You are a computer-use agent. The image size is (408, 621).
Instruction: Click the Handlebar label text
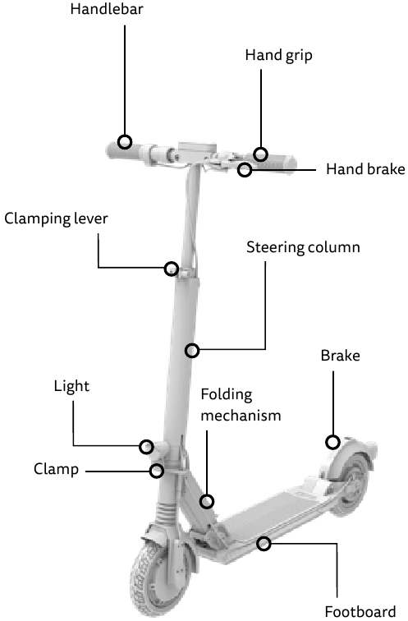pyautogui.click(x=107, y=9)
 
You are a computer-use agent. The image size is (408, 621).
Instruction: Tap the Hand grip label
pyautogui.click(x=278, y=56)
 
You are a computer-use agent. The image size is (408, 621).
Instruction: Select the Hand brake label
pyautogui.click(x=365, y=169)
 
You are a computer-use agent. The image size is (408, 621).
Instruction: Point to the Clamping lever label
pyautogui.click(x=56, y=218)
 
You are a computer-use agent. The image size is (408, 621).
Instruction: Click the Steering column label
pyautogui.click(x=303, y=247)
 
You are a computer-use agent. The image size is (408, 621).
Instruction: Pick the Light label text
pyautogui.click(x=71, y=387)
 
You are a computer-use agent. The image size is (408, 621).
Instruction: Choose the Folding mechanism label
pyautogui.click(x=241, y=405)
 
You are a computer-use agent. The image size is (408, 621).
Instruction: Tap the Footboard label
pyautogui.click(x=360, y=611)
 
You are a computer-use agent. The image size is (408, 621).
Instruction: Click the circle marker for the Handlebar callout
pyautogui.click(x=125, y=141)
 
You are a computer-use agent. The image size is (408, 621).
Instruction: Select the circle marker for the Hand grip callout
pyautogui.click(x=261, y=154)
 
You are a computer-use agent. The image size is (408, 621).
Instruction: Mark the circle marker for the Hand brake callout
pyautogui.click(x=245, y=170)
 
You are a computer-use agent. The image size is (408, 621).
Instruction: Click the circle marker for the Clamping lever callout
pyautogui.click(x=172, y=269)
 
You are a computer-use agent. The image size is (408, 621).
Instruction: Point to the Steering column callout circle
pyautogui.click(x=192, y=350)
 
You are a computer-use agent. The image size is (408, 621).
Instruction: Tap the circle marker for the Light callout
pyautogui.click(x=146, y=446)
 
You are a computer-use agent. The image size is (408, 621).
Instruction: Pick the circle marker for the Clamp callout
pyautogui.click(x=157, y=471)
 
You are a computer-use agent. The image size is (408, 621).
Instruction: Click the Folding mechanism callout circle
pyautogui.click(x=207, y=501)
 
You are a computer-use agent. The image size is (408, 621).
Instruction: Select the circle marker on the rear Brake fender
pyautogui.click(x=332, y=442)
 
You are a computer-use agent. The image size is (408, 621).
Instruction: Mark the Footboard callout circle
pyautogui.click(x=264, y=544)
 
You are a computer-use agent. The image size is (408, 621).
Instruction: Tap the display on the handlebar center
pyautogui.click(x=198, y=146)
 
